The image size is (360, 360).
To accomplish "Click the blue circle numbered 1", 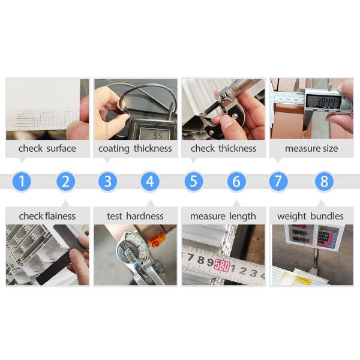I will (x=22, y=181).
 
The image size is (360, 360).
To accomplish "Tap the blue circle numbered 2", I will (x=66, y=181).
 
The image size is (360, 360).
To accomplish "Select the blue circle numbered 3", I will (x=107, y=181).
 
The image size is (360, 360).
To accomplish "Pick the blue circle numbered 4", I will (x=150, y=181).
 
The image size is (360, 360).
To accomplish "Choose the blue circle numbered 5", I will (x=193, y=181).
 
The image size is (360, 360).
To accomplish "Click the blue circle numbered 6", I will (x=236, y=181).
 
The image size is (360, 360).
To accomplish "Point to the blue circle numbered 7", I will (x=278, y=181).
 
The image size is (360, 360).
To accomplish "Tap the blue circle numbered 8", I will (x=324, y=181).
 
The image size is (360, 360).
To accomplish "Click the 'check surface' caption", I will (x=47, y=148).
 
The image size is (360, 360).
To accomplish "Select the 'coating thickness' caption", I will (x=135, y=148).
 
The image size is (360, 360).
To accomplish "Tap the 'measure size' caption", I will (x=311, y=148).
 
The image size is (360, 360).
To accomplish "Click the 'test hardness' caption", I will (x=135, y=215).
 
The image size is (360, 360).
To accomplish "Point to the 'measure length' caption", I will (x=223, y=215).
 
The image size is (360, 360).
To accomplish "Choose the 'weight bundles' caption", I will (x=310, y=215).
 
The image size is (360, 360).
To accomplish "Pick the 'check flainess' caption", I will (x=47, y=215).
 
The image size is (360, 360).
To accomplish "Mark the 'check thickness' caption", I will (x=223, y=148).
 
